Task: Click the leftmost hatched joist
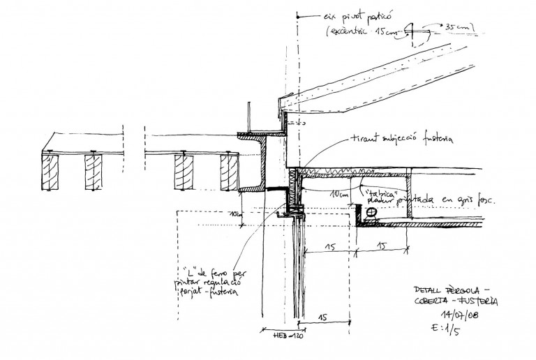[52, 172]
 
